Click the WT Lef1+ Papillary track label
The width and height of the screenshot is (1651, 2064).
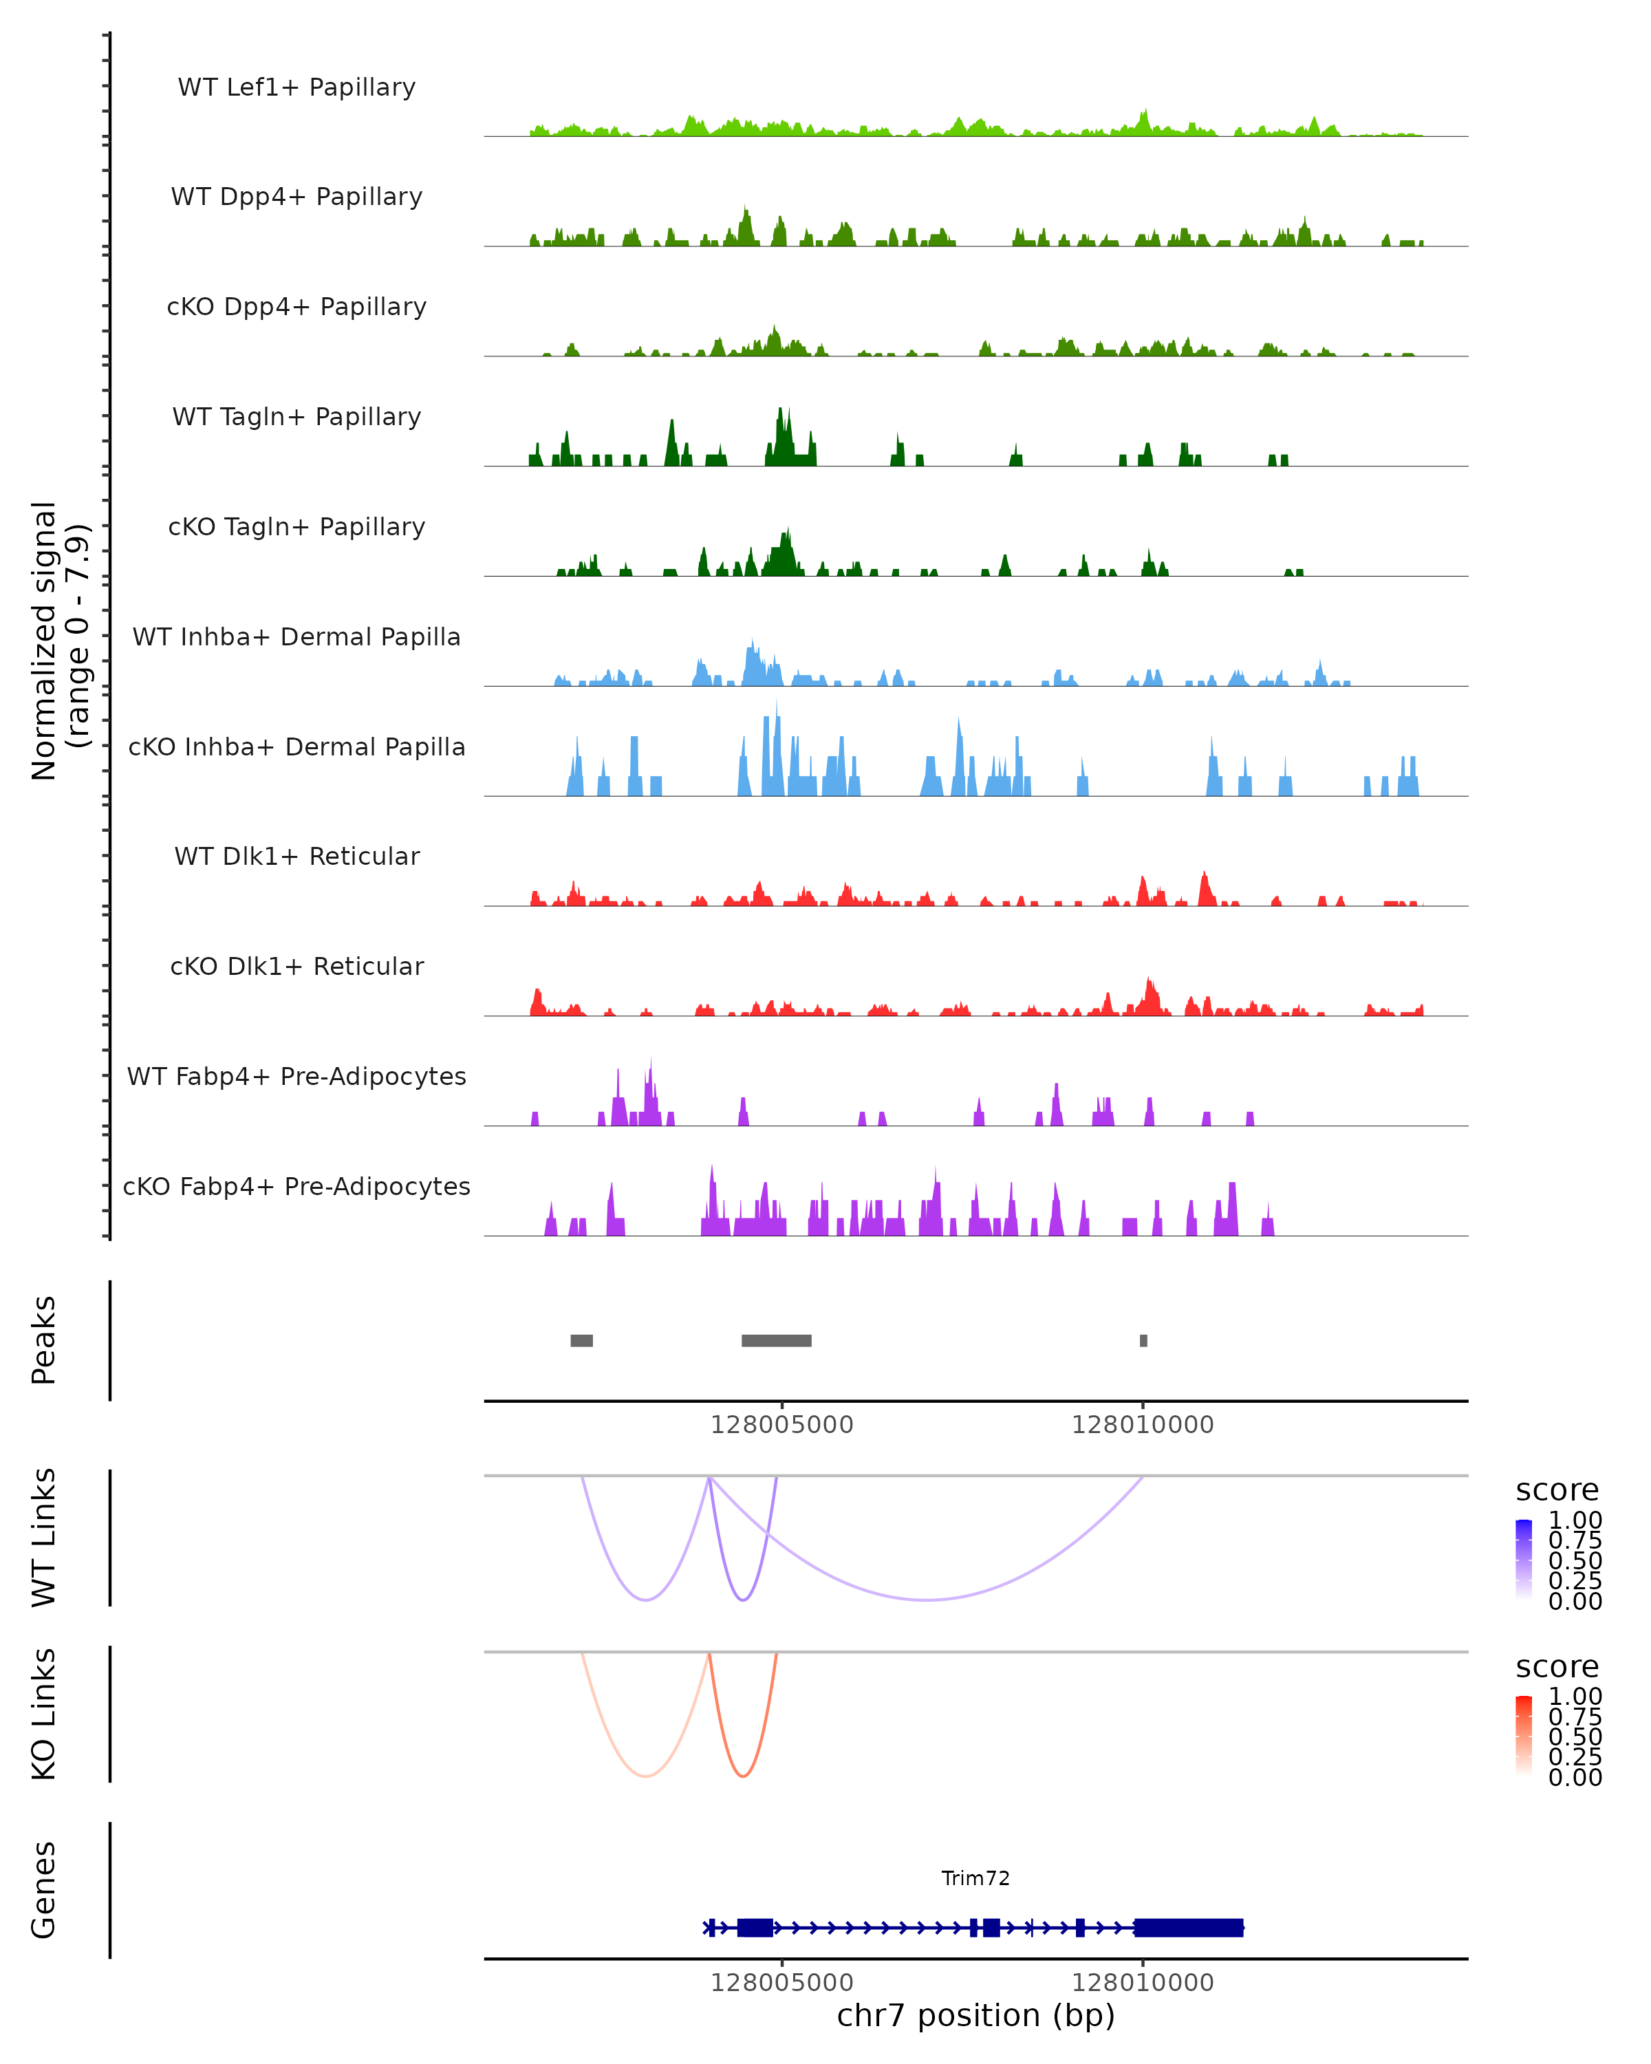296,87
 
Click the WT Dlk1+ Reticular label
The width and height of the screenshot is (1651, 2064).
296,856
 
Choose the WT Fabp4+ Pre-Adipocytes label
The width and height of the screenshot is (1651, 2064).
296,1076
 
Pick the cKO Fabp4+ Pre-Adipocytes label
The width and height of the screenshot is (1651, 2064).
296,1186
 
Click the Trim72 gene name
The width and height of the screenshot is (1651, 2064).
975,1878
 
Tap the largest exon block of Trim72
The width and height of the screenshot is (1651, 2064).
1188,1927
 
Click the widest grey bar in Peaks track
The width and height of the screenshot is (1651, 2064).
776,1340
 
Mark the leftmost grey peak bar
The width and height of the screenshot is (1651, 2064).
581,1340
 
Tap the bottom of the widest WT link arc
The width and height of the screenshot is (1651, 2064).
927,1600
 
